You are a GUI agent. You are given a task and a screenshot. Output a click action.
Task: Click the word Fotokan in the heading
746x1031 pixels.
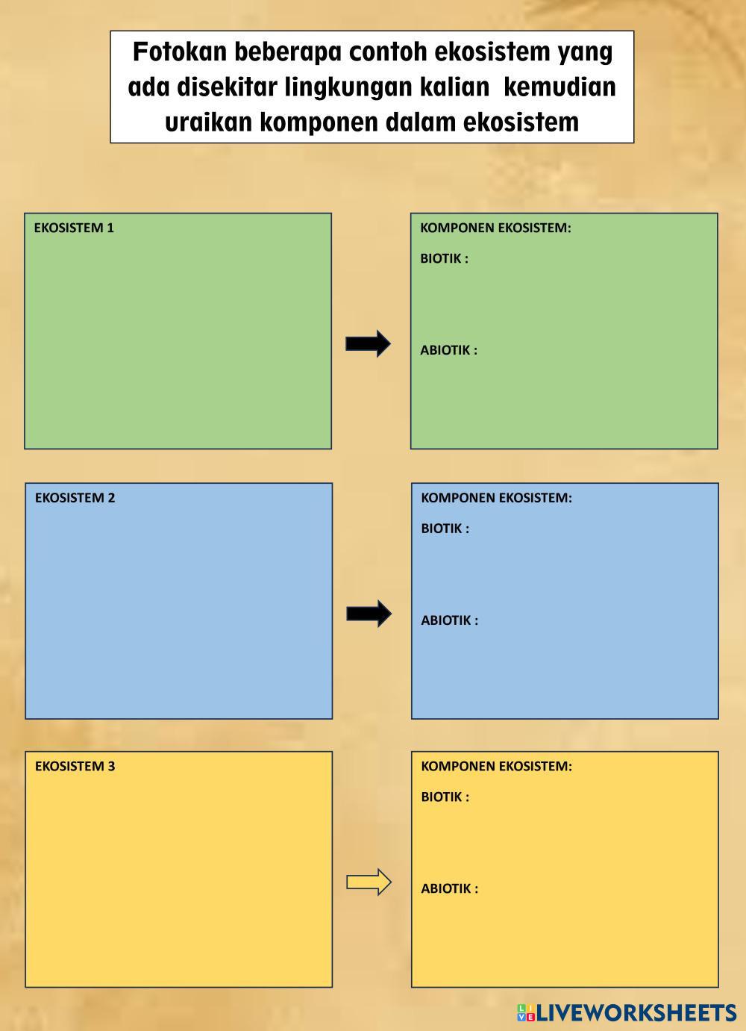coord(180,52)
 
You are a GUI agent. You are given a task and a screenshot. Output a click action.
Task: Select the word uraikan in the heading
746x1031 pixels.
coord(208,122)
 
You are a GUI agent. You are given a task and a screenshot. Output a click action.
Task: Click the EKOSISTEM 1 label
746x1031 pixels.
coord(74,228)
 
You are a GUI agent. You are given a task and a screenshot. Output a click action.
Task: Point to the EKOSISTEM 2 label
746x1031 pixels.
coord(75,497)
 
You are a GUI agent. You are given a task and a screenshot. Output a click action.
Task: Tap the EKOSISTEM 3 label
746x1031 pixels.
coord(75,766)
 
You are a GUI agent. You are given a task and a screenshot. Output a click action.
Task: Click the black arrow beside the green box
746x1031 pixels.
coord(368,343)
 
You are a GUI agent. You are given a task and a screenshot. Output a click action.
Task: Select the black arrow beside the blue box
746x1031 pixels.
coord(369,614)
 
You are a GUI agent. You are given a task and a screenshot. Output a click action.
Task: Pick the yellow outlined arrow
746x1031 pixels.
coord(369,882)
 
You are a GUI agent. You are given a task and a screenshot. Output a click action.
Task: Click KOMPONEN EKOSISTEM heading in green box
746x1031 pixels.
coord(496,228)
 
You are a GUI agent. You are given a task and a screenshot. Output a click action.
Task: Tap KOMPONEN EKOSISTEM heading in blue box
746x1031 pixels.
coord(497,497)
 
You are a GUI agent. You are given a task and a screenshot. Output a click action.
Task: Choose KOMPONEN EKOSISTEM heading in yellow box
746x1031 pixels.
coord(497,766)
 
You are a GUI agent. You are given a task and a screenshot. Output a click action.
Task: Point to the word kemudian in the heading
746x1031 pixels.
coord(559,87)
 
